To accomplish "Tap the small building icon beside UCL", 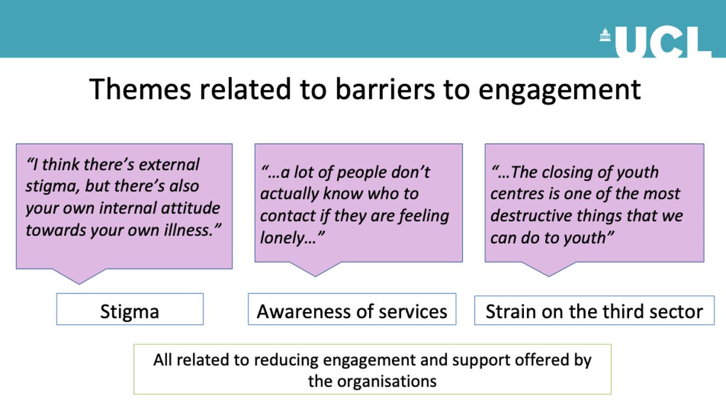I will (606, 38).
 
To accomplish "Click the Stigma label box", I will (129, 311).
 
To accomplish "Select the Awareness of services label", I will (352, 311).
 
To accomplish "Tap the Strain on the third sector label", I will (594, 311).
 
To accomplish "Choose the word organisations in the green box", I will (371, 381).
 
